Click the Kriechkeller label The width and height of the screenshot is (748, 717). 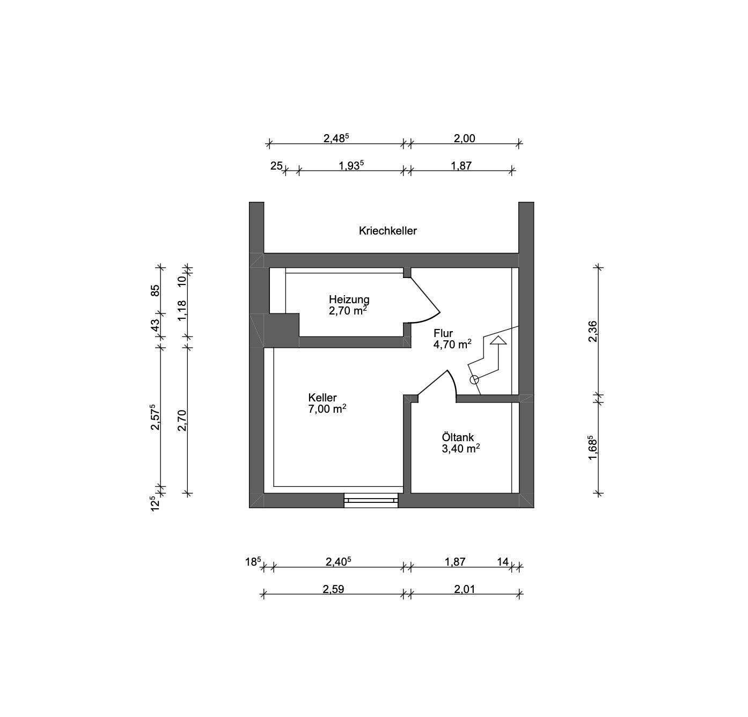pyautogui.click(x=387, y=231)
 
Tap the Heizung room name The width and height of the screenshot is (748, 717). pyautogui.click(x=349, y=299)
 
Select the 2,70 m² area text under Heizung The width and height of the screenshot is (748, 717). pyautogui.click(x=348, y=311)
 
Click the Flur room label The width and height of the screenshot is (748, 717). pyautogui.click(x=443, y=333)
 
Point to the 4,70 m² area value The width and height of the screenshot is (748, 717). pyautogui.click(x=452, y=345)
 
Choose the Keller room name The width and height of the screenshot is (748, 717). pyautogui.click(x=322, y=398)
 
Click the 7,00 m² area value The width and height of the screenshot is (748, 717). pyautogui.click(x=327, y=409)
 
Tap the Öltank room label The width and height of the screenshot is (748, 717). pyautogui.click(x=458, y=437)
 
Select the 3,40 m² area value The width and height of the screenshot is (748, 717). pyautogui.click(x=460, y=449)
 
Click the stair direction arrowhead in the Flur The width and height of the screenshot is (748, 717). pyautogui.click(x=498, y=340)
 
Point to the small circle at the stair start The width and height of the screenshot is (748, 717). pyautogui.click(x=474, y=380)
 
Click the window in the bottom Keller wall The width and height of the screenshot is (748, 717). pyautogui.click(x=371, y=500)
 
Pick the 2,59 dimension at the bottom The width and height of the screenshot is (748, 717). pyautogui.click(x=333, y=589)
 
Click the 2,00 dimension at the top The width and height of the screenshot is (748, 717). pyautogui.click(x=464, y=138)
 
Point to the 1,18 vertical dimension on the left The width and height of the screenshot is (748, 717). pyautogui.click(x=182, y=311)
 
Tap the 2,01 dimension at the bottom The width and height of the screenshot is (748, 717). pyautogui.click(x=464, y=589)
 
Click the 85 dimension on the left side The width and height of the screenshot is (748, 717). pyautogui.click(x=155, y=290)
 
